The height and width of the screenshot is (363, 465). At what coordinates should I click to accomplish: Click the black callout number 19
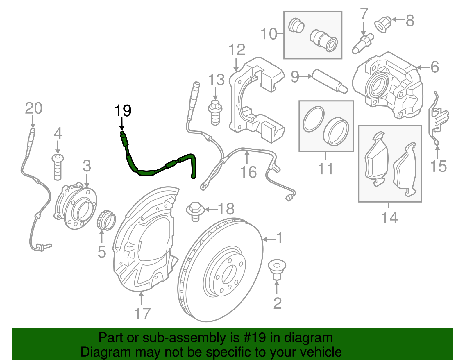pyautogui.click(x=123, y=111)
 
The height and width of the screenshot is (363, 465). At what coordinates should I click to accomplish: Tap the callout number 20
pyautogui.click(x=33, y=108)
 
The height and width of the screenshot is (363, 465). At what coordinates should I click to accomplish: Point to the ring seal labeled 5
pyautogui.click(x=106, y=221)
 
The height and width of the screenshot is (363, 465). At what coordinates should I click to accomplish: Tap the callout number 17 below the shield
pyautogui.click(x=142, y=314)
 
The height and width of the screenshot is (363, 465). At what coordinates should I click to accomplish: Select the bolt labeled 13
pyautogui.click(x=215, y=112)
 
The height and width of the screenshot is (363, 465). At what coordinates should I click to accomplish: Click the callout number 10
pyautogui.click(x=269, y=34)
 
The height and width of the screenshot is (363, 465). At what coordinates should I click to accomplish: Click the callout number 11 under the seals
pyautogui.click(x=325, y=169)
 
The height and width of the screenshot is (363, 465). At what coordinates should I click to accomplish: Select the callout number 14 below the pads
pyautogui.click(x=389, y=217)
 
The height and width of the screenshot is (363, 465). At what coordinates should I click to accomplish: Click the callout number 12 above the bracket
pyautogui.click(x=237, y=50)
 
